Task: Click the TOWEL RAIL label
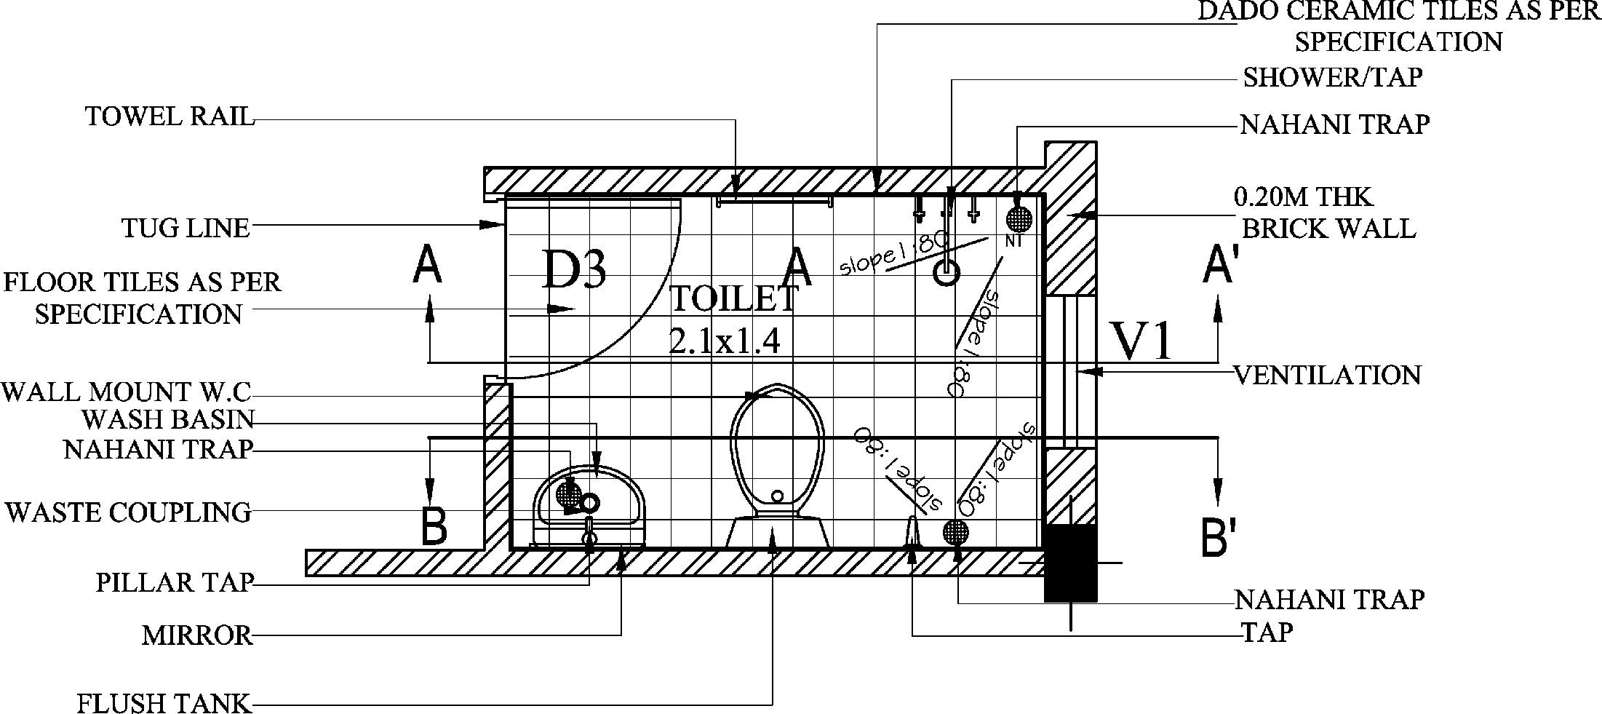click(x=170, y=116)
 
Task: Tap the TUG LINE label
click(x=186, y=229)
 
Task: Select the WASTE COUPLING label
click(x=128, y=512)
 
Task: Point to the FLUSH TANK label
click(x=164, y=704)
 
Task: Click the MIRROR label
click(x=197, y=635)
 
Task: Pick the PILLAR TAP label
click(x=175, y=582)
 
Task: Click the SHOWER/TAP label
click(x=1332, y=77)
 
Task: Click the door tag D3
click(x=574, y=270)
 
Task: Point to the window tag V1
click(x=1142, y=341)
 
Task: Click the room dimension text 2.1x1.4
click(x=725, y=341)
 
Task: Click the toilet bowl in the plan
click(x=777, y=451)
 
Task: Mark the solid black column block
click(x=1070, y=562)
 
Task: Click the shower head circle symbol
click(x=947, y=273)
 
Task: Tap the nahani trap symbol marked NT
click(x=1019, y=218)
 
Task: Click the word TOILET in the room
click(x=733, y=298)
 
